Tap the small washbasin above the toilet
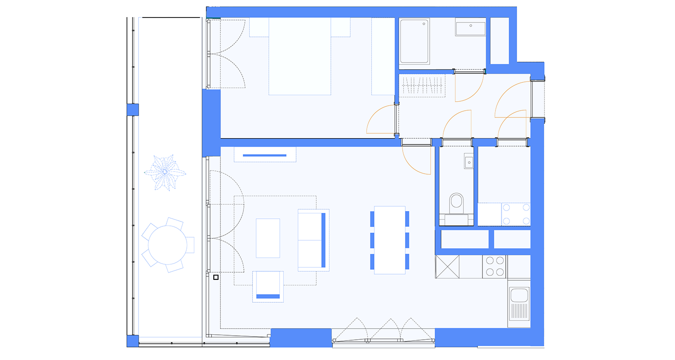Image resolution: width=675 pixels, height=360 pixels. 469,162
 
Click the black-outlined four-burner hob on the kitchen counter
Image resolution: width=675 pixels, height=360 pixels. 495,266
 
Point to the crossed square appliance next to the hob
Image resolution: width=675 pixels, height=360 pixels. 447,266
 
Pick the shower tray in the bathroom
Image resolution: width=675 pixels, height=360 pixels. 414,41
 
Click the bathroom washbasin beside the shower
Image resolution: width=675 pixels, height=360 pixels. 471,28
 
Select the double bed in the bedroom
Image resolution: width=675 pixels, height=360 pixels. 300,56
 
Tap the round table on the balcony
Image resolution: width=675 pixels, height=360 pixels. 167,245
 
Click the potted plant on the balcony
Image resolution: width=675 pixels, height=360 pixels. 165,172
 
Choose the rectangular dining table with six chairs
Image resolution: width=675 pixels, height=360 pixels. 390,240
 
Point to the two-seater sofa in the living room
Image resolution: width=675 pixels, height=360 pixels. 313,240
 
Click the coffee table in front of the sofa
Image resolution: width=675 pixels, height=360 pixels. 268,238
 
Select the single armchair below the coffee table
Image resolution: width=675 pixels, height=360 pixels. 268,287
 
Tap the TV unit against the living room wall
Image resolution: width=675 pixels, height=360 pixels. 265,154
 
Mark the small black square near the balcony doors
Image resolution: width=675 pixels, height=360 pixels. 216,277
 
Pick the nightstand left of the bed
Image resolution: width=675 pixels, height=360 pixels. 259,27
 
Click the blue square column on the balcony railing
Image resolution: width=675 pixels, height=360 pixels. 132,110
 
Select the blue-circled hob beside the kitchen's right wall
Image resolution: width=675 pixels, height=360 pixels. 516,214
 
